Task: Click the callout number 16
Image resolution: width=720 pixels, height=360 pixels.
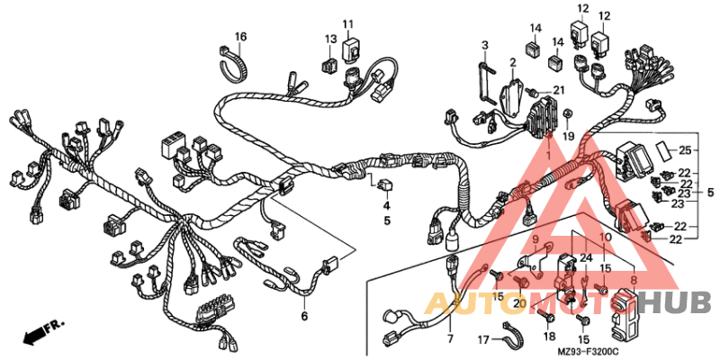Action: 240,37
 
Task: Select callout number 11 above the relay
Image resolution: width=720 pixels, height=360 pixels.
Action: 347,23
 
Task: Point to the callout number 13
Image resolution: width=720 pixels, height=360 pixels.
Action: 330,40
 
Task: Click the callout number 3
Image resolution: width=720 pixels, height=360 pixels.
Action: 484,45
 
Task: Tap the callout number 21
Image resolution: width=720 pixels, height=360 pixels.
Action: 558,90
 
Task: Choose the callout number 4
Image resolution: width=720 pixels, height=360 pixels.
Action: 387,204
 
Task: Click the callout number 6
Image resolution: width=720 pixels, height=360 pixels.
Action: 304,316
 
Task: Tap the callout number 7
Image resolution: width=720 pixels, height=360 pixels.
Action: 450,339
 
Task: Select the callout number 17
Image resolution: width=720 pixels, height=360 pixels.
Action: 481,340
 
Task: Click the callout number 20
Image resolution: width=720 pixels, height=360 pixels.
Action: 519,303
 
